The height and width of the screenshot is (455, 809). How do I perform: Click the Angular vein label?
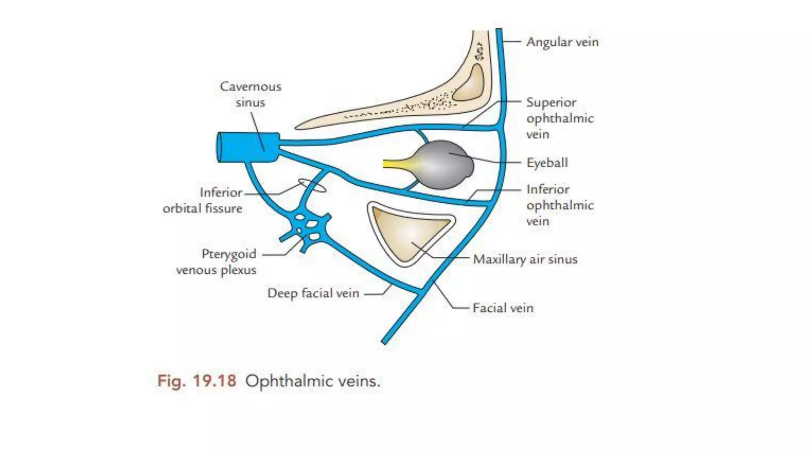[x=562, y=42]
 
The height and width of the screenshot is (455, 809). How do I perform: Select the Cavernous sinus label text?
[x=250, y=94]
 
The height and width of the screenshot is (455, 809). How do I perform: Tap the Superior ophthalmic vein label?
[x=560, y=118]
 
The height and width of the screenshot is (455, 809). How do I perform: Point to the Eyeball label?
[x=547, y=163]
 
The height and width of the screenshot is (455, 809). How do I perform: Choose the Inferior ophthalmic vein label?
[x=560, y=205]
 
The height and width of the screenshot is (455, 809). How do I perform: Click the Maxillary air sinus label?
[x=525, y=259]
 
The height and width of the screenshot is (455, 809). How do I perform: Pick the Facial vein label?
[x=503, y=308]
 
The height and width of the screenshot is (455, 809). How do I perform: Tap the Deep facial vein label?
[x=313, y=293]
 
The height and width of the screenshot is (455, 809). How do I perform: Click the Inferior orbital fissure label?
[x=207, y=200]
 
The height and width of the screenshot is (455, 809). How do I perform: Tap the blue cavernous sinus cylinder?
[x=248, y=147]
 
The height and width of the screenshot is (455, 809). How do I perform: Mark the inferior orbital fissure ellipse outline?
[x=312, y=185]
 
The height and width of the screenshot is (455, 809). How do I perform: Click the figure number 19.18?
[x=214, y=381]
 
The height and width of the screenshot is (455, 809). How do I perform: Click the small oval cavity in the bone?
[x=469, y=83]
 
